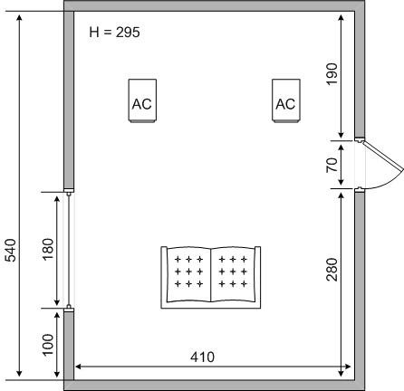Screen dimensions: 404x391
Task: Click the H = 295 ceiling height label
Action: (114, 33)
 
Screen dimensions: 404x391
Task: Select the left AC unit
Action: (142, 100)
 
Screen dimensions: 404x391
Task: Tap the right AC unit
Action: (286, 100)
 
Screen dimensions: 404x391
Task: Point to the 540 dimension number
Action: (11, 250)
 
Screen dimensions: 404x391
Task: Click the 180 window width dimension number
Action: (48, 250)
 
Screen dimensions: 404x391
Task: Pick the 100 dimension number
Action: (48, 345)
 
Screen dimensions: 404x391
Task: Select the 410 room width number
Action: (202, 358)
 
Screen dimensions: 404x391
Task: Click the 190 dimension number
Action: (332, 74)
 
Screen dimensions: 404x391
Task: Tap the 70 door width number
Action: (332, 165)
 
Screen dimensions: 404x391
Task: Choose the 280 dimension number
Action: (332, 270)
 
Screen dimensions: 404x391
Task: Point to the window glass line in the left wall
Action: (69, 250)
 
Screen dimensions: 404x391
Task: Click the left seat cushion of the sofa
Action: (188, 274)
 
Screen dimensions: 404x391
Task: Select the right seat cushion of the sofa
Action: (233, 274)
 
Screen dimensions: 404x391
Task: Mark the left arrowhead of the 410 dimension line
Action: (78, 367)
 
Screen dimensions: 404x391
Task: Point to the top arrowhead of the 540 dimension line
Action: (19, 18)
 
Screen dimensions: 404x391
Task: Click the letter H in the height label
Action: (94, 33)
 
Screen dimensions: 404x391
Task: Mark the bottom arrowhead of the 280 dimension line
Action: (341, 372)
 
